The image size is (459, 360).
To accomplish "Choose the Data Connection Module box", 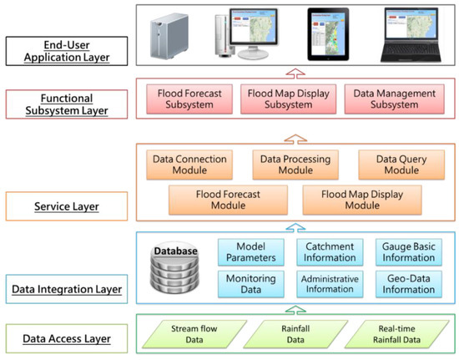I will point(184,164).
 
